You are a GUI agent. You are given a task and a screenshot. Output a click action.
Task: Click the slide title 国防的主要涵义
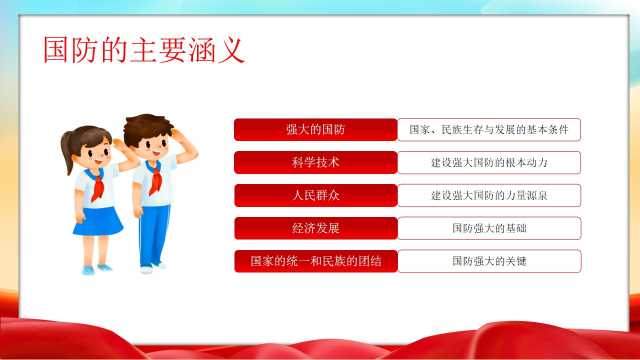pos(144,50)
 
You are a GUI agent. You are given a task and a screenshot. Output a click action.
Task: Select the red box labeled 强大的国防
pos(316,129)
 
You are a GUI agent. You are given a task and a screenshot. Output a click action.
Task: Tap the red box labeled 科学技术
pos(316,162)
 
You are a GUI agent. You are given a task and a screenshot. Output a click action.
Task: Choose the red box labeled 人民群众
pos(316,195)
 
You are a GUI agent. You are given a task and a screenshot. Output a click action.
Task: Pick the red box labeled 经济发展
pos(316,228)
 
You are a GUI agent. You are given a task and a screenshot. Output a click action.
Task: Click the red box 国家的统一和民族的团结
pos(316,261)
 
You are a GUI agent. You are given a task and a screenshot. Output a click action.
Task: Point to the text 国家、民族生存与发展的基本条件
pos(489,130)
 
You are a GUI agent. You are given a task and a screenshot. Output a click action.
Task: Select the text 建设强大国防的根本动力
pos(489,162)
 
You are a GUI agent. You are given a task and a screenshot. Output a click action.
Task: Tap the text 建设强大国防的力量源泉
pos(489,196)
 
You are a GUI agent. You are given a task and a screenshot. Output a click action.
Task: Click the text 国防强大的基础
pos(489,228)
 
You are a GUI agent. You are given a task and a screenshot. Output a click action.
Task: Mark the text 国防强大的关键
pos(489,261)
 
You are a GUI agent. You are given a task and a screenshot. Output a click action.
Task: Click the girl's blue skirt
pos(98,221)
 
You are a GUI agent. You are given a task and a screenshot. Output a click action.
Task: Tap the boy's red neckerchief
pos(155,178)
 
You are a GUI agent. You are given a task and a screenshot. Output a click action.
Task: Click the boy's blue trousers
pos(154,236)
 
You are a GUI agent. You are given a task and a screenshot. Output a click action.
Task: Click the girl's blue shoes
pos(96,269)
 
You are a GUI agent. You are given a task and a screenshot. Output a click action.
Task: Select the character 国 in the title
pos(56,50)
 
